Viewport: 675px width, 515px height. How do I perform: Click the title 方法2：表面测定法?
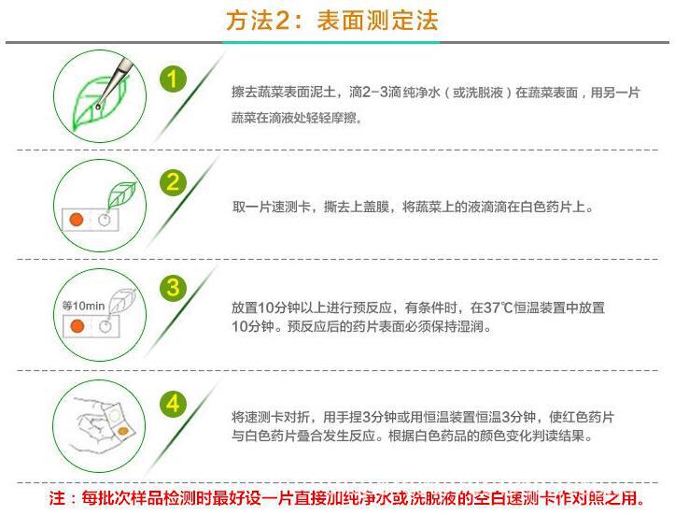pyautogui.click(x=332, y=21)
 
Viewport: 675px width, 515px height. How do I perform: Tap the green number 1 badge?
pyautogui.click(x=173, y=79)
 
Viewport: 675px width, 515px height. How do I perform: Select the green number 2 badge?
pyautogui.click(x=173, y=183)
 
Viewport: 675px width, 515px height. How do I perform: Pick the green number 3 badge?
pyautogui.click(x=173, y=288)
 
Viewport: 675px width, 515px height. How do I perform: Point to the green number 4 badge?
pyautogui.click(x=173, y=405)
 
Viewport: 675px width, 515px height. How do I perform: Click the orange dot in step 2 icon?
pyautogui.click(x=77, y=220)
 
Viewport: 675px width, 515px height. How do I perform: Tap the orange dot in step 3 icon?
pyautogui.click(x=77, y=326)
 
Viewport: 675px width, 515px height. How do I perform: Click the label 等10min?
pyautogui.click(x=83, y=306)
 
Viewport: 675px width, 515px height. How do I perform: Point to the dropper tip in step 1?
pyautogui.click(x=99, y=107)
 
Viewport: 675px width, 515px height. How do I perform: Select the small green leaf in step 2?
pyautogui.click(x=121, y=194)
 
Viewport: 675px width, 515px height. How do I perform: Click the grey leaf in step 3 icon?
pyautogui.click(x=121, y=300)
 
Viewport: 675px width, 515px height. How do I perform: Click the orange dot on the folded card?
pyautogui.click(x=123, y=431)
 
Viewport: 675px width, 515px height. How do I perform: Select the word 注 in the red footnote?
pyautogui.click(x=57, y=498)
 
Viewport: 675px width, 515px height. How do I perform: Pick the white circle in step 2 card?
pyautogui.click(x=105, y=220)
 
